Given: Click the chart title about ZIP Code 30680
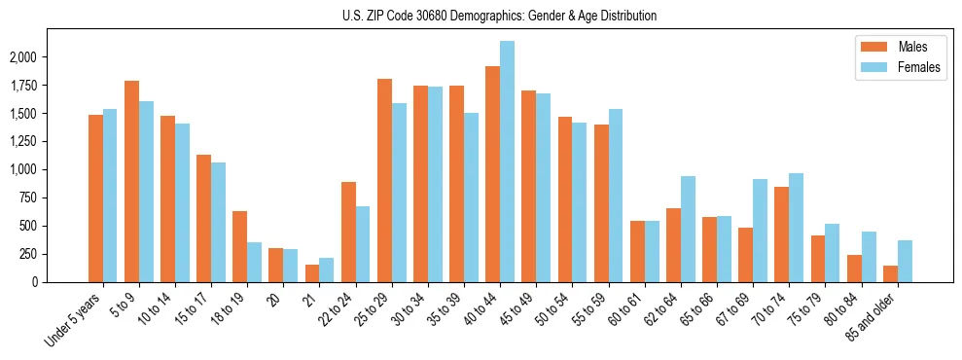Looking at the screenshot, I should (x=499, y=16).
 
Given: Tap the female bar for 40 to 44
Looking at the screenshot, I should (x=507, y=162).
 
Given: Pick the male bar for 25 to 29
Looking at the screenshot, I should (x=384, y=180).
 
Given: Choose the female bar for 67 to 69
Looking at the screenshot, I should (x=760, y=231).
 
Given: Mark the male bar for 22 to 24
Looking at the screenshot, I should (x=348, y=232).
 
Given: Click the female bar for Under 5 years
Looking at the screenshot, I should (x=110, y=196).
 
